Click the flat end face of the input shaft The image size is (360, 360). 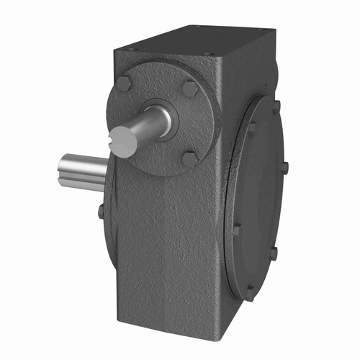pyautogui.click(x=123, y=141)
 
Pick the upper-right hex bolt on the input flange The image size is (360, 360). pyautogui.click(x=189, y=89)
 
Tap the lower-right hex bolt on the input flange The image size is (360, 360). pyautogui.click(x=189, y=158)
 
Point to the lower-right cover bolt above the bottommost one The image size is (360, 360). pyautogui.click(x=273, y=253)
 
